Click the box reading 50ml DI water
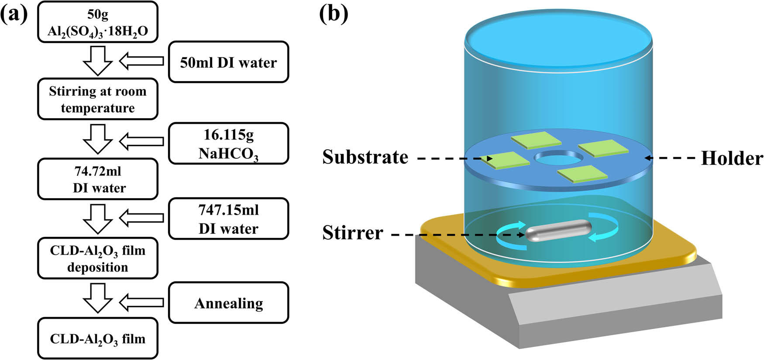228,62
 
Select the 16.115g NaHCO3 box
228,144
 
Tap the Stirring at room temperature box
97,99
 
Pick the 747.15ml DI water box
228,219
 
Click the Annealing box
228,303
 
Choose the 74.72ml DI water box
97,179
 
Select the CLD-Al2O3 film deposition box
97,258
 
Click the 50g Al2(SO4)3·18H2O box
97,22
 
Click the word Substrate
365,157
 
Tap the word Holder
732,158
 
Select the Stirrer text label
353,233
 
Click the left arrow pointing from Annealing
141,302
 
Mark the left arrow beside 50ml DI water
141,62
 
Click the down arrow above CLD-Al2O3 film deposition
98,219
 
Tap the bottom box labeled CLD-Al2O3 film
97,339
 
